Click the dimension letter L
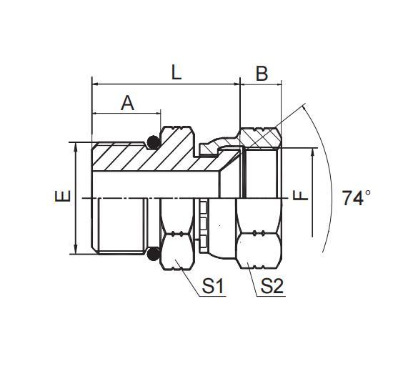coord(176,72)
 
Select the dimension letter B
coord(262,73)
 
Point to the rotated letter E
coord(63,197)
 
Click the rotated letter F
coord(302,194)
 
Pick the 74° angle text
coord(357,198)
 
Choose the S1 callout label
coord(213,287)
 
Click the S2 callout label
coord(272,287)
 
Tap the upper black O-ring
coord(154,141)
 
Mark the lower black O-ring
coord(153,253)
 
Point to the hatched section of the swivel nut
coord(260,137)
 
